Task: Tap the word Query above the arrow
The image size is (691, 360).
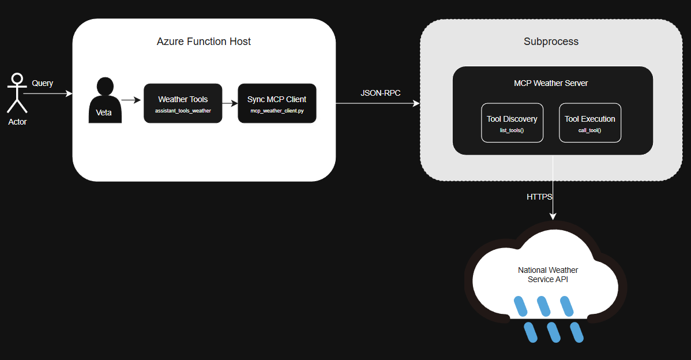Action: tap(42, 83)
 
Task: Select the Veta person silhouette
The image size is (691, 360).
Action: tap(104, 101)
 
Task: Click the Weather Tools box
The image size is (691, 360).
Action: tap(183, 103)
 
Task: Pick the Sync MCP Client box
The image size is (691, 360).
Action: tap(277, 103)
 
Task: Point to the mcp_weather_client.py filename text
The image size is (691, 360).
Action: tap(277, 111)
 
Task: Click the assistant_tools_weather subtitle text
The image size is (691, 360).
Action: tap(183, 111)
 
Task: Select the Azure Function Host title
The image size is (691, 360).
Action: tap(204, 42)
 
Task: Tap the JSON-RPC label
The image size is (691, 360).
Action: tap(380, 93)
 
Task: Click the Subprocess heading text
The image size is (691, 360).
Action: tap(551, 42)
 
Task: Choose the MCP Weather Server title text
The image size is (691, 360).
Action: tap(551, 83)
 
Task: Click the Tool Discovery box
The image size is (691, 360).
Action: tap(512, 122)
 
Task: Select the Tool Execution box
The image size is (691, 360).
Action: tap(590, 122)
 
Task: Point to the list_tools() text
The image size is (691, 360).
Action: tap(512, 130)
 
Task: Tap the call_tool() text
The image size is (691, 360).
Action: tap(590, 130)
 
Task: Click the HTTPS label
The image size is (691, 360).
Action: tap(539, 197)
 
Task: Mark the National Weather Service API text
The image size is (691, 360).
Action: tap(548, 275)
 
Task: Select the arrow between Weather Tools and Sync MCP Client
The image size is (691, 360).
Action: tap(230, 103)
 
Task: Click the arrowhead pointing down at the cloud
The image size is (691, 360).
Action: tap(553, 216)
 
